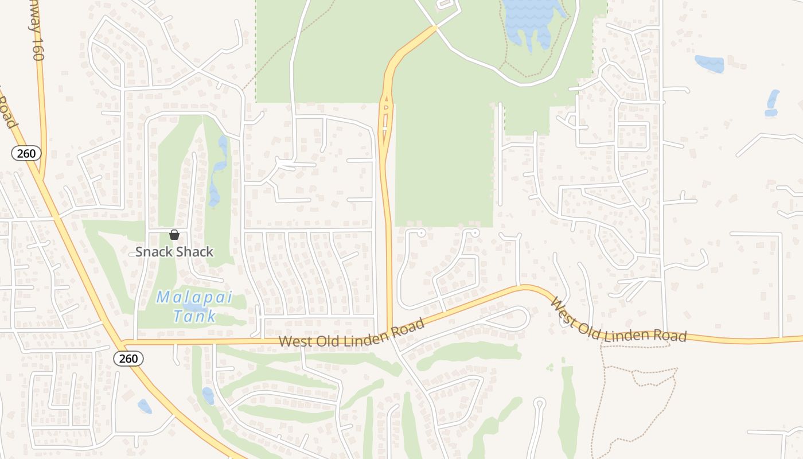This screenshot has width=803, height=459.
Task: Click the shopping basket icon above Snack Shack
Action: click(x=174, y=235)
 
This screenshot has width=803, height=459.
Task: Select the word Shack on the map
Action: click(x=195, y=251)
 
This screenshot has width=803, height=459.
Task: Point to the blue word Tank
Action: click(x=194, y=316)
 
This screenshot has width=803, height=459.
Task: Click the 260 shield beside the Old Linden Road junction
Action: click(x=128, y=359)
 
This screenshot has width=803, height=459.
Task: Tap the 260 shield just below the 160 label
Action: click(x=26, y=153)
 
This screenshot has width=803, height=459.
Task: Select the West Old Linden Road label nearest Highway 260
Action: click(x=352, y=333)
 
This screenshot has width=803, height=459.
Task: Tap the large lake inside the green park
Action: click(x=533, y=20)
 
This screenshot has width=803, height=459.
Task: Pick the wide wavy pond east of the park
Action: click(x=710, y=63)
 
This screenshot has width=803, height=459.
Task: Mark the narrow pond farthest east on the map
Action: click(x=773, y=103)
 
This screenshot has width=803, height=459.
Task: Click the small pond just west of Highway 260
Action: click(x=145, y=406)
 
